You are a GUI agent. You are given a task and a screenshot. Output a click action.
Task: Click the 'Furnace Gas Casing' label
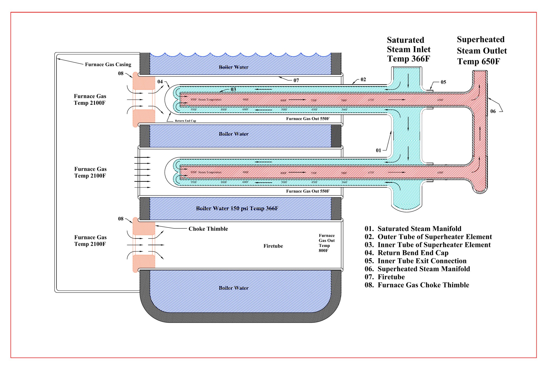[x=108, y=64]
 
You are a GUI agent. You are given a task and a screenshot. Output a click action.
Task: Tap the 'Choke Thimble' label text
[x=208, y=229]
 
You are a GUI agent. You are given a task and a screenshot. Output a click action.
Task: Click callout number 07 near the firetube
[x=296, y=80]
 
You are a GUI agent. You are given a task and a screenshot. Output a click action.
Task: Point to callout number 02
[x=363, y=79]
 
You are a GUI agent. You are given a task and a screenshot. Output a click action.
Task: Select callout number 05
[x=443, y=82]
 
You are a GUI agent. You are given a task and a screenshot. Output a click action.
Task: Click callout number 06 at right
[x=493, y=111]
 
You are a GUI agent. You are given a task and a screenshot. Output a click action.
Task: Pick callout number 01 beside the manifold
[x=378, y=150]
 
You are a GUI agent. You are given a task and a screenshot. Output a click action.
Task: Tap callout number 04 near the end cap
[x=160, y=81]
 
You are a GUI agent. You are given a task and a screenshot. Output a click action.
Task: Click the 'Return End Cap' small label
[x=185, y=121]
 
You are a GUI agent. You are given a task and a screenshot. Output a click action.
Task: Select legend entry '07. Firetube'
[x=385, y=277]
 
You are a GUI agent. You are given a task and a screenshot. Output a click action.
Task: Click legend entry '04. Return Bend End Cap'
[x=406, y=253]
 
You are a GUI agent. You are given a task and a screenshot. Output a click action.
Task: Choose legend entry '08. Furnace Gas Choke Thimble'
[x=417, y=285]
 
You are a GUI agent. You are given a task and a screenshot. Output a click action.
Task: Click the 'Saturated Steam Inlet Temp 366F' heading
[x=409, y=50]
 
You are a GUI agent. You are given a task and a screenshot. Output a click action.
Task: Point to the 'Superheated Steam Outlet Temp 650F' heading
[x=482, y=50]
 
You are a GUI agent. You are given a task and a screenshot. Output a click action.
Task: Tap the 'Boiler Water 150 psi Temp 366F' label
[x=237, y=208]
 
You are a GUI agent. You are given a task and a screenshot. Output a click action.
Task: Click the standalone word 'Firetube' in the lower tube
[x=273, y=246]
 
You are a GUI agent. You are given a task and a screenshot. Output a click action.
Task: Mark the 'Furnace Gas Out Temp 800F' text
[x=326, y=243]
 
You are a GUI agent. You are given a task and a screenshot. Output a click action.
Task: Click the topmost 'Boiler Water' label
[x=234, y=67]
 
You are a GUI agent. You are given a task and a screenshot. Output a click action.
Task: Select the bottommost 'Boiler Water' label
[x=234, y=288]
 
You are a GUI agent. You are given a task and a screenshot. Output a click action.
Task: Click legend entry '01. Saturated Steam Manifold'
[x=413, y=229]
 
